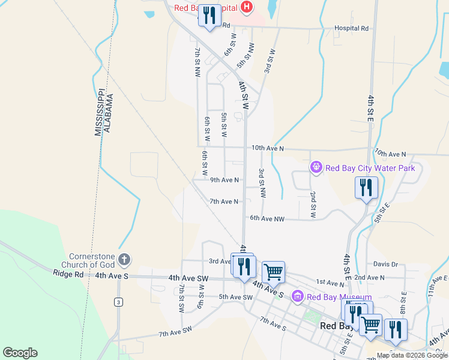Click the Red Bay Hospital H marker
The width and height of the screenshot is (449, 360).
coord(246,7)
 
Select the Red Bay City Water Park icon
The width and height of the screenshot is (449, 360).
coord(316,167)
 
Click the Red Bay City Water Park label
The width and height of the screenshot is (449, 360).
coord(370,168)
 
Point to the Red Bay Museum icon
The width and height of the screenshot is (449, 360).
coord(298,296)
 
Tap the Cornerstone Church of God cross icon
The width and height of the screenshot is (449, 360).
coord(124,260)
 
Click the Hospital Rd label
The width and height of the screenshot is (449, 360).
coord(351,28)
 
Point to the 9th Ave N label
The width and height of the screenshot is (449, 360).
coord(224,180)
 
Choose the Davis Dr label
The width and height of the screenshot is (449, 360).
coord(385,264)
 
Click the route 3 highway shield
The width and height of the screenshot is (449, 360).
coord(119,302)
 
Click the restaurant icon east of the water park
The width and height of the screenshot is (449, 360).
coord(366,188)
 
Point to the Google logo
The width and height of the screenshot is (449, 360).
coord(20,353)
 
